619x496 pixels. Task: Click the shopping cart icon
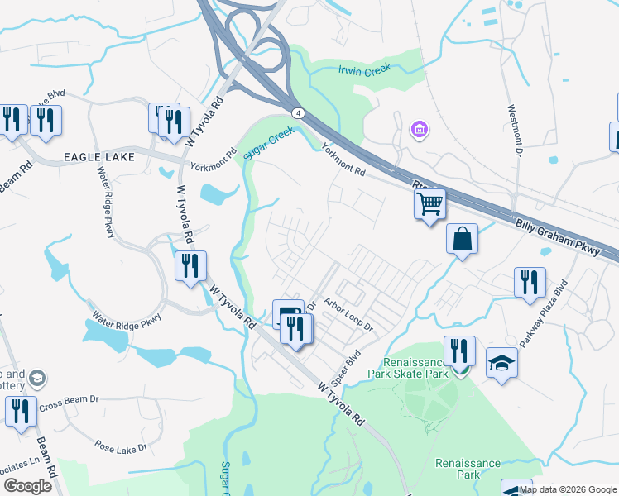[429, 203]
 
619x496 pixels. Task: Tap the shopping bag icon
[462, 240]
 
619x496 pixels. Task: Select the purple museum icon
[419, 129]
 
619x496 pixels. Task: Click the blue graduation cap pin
[501, 364]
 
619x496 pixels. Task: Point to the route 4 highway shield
[296, 112]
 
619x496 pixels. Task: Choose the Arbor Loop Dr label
[348, 316]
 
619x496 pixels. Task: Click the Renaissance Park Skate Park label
[415, 368]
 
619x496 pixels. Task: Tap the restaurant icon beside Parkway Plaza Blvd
[529, 283]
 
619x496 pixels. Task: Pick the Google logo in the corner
[27, 486]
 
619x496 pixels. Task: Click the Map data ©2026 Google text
[568, 489]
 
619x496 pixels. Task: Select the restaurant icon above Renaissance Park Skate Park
[459, 351]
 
